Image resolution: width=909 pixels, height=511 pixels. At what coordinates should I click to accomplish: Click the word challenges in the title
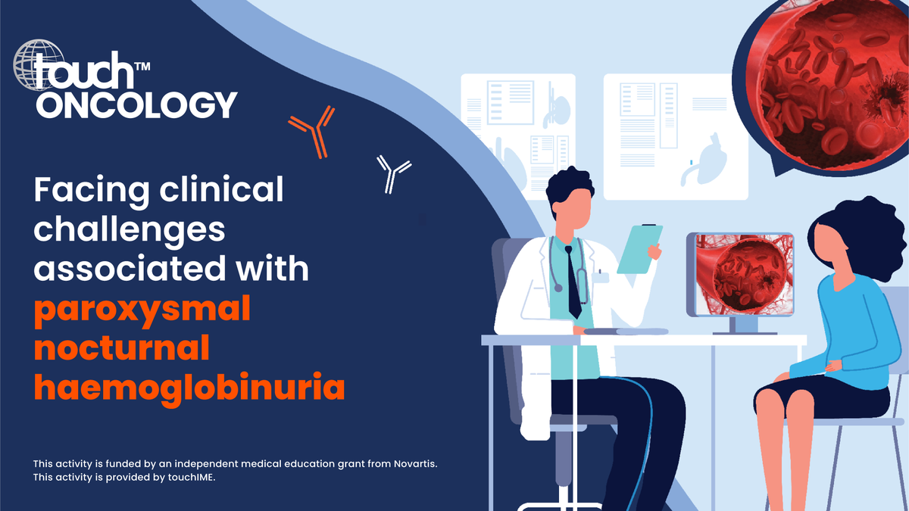point(129,230)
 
